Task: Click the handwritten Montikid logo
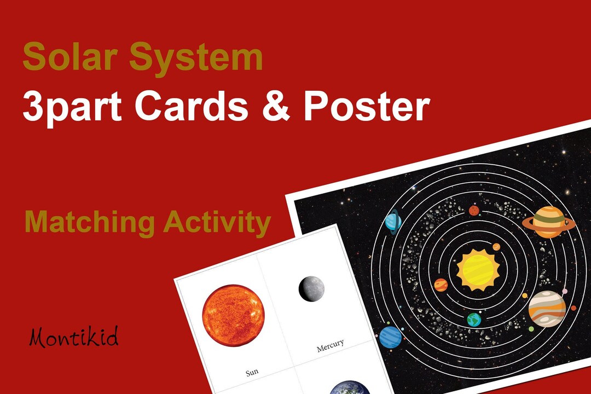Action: (73, 338)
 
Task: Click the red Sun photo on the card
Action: (233, 316)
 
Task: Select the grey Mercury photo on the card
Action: (311, 288)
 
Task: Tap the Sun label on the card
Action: (252, 373)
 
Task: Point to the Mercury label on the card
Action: (331, 345)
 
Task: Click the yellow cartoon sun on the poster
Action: (478, 269)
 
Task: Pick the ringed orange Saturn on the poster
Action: (548, 221)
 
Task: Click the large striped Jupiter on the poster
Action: (547, 309)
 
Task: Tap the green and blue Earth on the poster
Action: (474, 319)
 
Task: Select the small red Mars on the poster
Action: (474, 211)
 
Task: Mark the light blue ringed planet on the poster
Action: (393, 222)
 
